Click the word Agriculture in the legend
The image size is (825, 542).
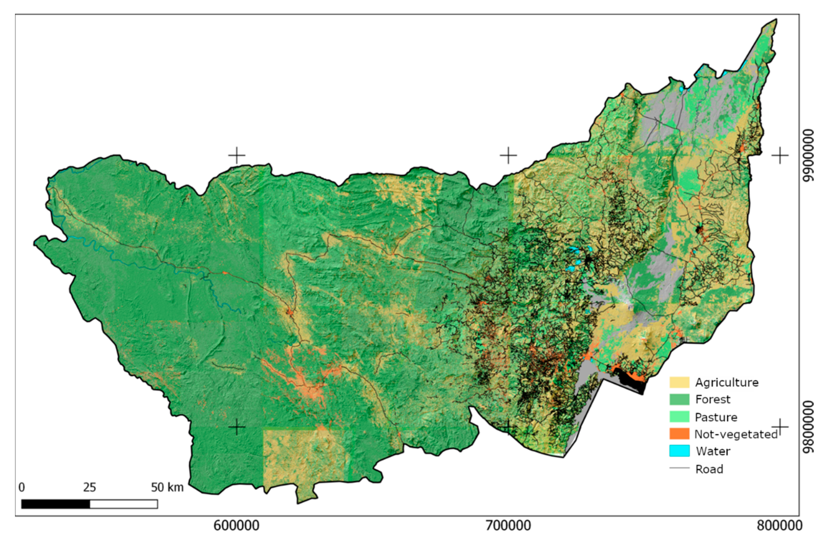click(727, 382)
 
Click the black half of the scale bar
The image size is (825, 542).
click(55, 504)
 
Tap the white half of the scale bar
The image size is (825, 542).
click(124, 504)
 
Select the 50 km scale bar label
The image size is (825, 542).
click(167, 487)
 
